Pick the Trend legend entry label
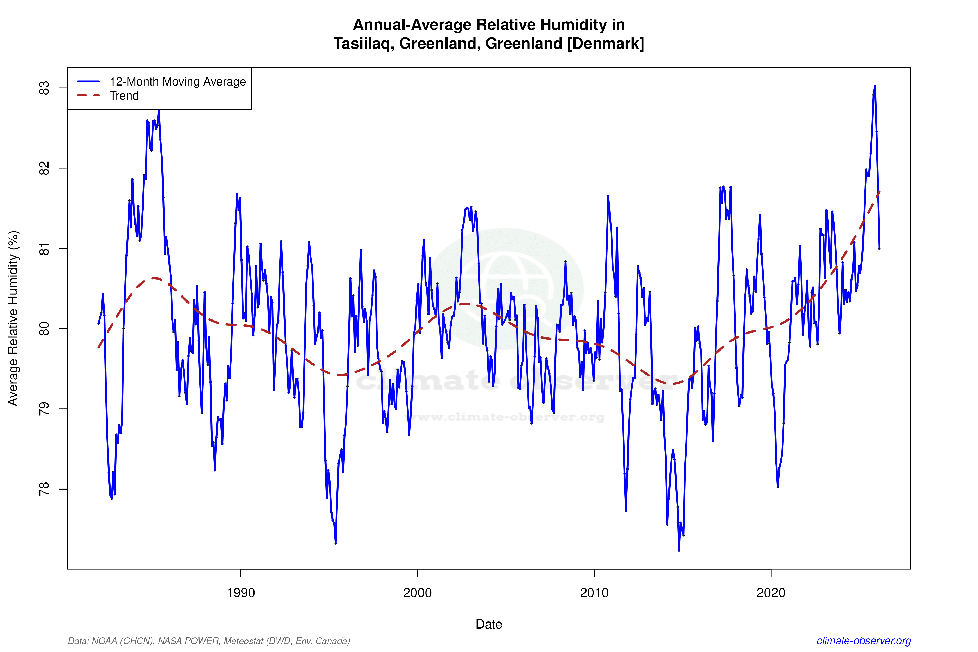click(x=124, y=96)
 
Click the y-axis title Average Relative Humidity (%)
click(x=13, y=318)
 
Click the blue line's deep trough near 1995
click(x=336, y=543)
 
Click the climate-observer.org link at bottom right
click(x=864, y=641)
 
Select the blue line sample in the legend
click(x=89, y=81)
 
